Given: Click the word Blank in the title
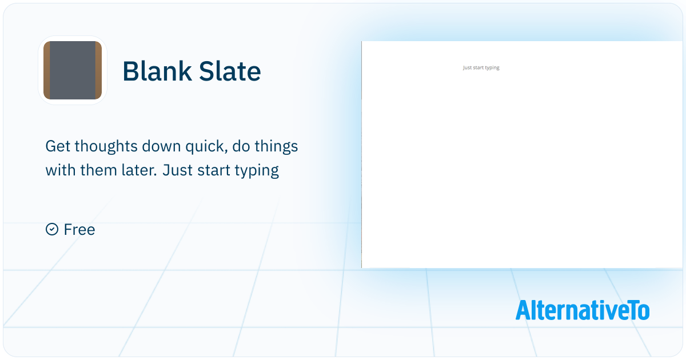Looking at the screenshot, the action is tap(157, 71).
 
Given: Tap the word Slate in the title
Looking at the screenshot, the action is tap(230, 71).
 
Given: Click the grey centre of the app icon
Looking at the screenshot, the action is tap(73, 70).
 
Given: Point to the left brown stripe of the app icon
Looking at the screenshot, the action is tap(47, 70).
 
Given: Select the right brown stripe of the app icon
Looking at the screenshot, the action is tap(98, 70).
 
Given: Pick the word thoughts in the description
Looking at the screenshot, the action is tap(106, 146).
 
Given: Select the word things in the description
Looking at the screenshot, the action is tap(276, 146).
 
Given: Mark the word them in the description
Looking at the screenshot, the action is tap(98, 170).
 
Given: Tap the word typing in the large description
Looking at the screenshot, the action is tap(257, 171).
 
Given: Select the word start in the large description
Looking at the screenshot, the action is tap(213, 170).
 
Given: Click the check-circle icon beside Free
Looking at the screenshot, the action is tap(52, 229).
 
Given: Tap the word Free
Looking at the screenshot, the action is tap(79, 229).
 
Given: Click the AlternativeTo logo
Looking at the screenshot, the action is tap(583, 310).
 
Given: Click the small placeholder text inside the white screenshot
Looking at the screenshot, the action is tap(481, 67).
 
